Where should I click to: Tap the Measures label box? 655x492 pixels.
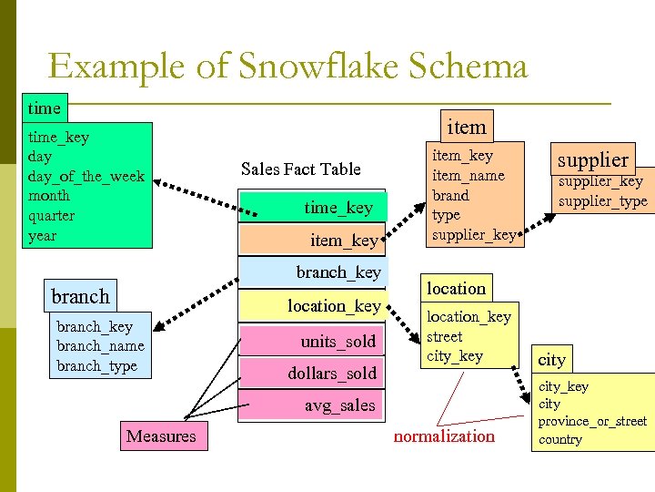pyautogui.click(x=161, y=436)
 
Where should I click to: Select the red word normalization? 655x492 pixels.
pyautogui.click(x=444, y=436)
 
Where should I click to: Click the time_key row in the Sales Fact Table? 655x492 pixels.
pyautogui.click(x=312, y=208)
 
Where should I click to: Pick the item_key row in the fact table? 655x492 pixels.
pyautogui.click(x=312, y=240)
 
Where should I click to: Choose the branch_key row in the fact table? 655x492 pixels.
pyautogui.click(x=312, y=272)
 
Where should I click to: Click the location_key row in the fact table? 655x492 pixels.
pyautogui.click(x=312, y=306)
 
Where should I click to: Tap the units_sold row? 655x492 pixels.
pyautogui.click(x=312, y=341)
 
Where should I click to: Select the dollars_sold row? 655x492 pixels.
pyautogui.click(x=312, y=374)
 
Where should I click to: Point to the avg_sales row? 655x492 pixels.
pyautogui.click(x=312, y=405)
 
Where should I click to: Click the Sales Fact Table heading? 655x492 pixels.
pyautogui.click(x=301, y=169)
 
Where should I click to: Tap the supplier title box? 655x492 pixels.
pyautogui.click(x=593, y=159)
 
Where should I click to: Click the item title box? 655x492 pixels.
pyautogui.click(x=467, y=127)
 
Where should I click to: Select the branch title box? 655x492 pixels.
pyautogui.click(x=80, y=296)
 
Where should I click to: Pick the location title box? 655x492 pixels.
pyautogui.click(x=457, y=288)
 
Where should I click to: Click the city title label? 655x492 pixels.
pyautogui.click(x=552, y=359)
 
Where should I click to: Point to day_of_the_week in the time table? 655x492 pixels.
pyautogui.click(x=86, y=176)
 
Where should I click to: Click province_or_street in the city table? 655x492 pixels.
pyautogui.click(x=592, y=421)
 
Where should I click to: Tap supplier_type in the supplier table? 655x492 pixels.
pyautogui.click(x=603, y=200)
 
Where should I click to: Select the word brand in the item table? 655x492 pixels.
pyautogui.click(x=450, y=195)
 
